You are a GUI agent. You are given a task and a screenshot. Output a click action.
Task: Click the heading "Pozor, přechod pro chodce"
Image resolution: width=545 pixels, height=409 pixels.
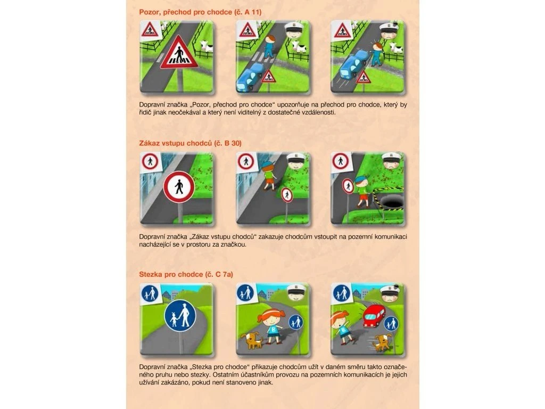pos(186,12)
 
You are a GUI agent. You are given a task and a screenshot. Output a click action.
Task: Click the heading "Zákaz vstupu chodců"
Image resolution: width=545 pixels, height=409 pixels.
pos(176,143)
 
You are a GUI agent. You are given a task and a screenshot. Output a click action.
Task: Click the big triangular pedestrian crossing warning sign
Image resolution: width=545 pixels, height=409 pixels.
pos(179,53)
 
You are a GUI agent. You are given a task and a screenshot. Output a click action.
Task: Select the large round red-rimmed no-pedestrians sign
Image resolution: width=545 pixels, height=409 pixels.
pos(179,187)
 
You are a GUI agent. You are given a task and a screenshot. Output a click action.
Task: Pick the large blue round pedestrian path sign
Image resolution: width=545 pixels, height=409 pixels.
pos(180,316)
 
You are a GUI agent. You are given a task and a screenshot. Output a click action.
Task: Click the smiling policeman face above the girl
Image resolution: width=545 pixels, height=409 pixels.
pos(296,293)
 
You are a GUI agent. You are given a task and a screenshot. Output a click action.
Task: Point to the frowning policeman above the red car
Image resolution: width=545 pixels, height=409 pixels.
pos(391,293)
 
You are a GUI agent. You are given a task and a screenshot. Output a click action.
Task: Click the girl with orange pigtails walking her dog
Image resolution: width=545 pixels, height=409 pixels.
pos(272,325)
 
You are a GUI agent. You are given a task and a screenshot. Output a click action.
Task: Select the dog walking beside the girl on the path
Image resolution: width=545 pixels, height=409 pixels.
pos(253,340)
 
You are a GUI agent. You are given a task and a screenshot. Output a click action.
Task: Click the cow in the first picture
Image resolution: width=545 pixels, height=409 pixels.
pos(207,46)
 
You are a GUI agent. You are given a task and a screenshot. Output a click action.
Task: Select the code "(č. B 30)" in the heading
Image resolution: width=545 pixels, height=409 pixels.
pos(228,143)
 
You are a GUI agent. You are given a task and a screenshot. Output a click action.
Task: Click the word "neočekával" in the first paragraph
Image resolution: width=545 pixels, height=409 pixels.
pos(187,112)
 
